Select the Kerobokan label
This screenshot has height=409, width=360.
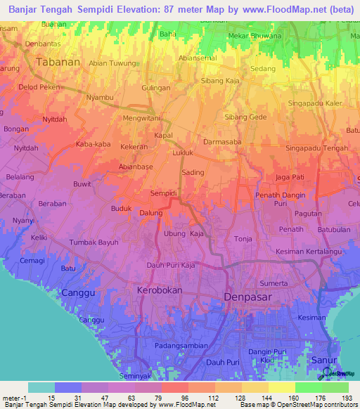click(158, 290)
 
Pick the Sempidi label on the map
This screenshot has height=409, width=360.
click(163, 193)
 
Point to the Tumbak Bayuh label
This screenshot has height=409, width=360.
click(94, 242)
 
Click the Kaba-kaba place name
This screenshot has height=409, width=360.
click(93, 145)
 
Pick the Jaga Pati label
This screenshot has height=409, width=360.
click(290, 176)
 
